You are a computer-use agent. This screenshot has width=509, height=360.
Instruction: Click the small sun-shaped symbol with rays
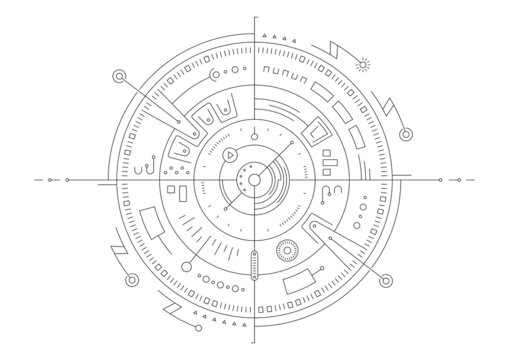point(364,64)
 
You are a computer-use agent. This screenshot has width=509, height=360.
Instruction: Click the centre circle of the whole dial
point(254,180)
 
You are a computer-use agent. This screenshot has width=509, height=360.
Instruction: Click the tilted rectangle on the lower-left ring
point(156,222)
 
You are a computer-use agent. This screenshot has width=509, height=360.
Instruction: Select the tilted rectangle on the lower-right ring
point(299,282)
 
